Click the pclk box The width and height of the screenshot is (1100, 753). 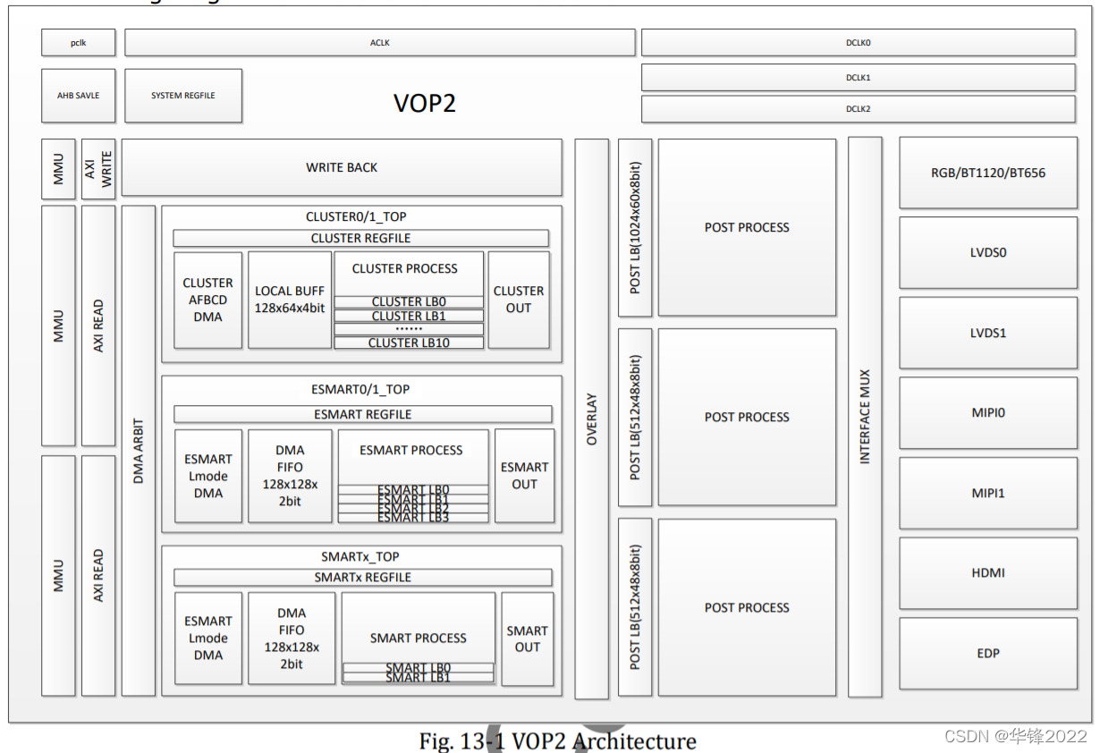pyautogui.click(x=78, y=42)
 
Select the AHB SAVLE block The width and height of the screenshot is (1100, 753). pyautogui.click(x=78, y=96)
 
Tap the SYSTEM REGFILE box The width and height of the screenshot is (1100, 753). pyautogui.click(x=183, y=96)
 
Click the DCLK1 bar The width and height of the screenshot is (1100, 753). pyautogui.click(x=858, y=77)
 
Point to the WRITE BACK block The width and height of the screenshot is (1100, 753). pyautogui.click(x=342, y=167)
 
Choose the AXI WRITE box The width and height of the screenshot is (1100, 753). pyautogui.click(x=98, y=168)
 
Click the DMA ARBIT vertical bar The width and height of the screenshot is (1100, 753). pyautogui.click(x=139, y=451)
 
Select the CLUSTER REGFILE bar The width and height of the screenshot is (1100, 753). pyautogui.click(x=360, y=238)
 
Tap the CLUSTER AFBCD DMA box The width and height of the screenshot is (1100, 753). pyautogui.click(x=208, y=300)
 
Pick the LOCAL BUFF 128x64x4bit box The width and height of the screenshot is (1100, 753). pyautogui.click(x=290, y=300)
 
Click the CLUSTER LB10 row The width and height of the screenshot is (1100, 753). pyautogui.click(x=409, y=343)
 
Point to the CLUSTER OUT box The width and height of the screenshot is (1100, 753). pyautogui.click(x=519, y=300)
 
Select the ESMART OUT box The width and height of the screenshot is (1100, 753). pyautogui.click(x=524, y=476)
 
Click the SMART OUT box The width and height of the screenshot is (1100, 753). pyautogui.click(x=527, y=639)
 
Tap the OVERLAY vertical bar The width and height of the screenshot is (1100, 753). pyautogui.click(x=591, y=419)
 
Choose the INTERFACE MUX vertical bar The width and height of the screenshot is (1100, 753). pyautogui.click(x=865, y=417)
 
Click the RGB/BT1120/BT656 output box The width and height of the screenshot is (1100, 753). pyautogui.click(x=987, y=173)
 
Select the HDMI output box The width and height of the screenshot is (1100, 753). pyautogui.click(x=987, y=572)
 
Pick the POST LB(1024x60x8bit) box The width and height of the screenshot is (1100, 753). pyautogui.click(x=635, y=227)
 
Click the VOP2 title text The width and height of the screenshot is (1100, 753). pyautogui.click(x=425, y=103)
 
